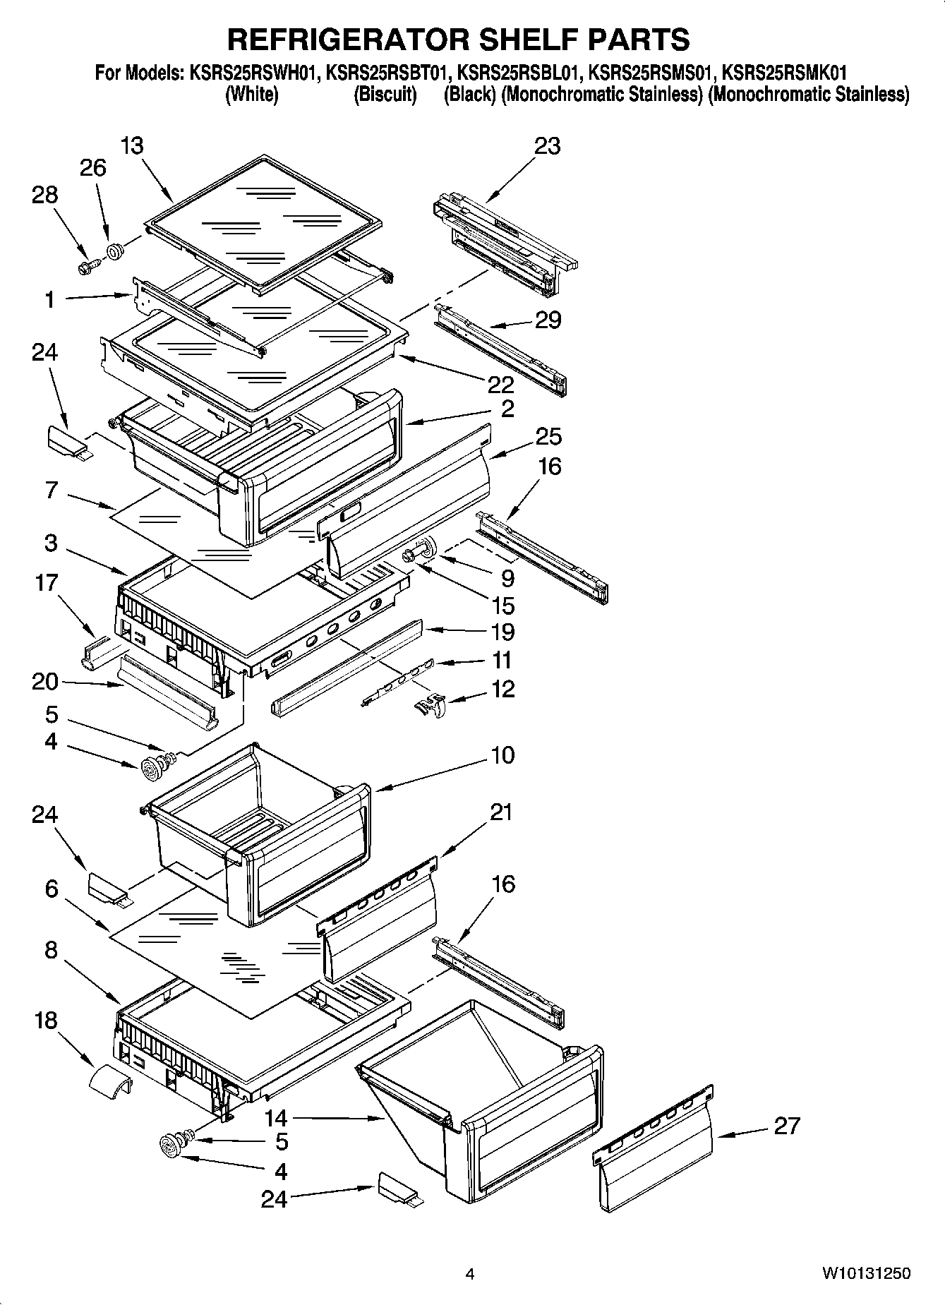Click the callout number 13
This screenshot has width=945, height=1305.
pos(131,145)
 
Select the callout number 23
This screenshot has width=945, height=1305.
pos(547,145)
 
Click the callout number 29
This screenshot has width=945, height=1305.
pos(548,320)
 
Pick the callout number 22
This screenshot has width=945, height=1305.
pos(500,385)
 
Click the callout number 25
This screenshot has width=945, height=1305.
pos(548,436)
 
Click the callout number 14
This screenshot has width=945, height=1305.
pos(277,1117)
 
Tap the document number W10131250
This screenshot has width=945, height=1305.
pos(865,1273)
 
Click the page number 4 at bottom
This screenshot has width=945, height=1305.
pos(470,1274)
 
